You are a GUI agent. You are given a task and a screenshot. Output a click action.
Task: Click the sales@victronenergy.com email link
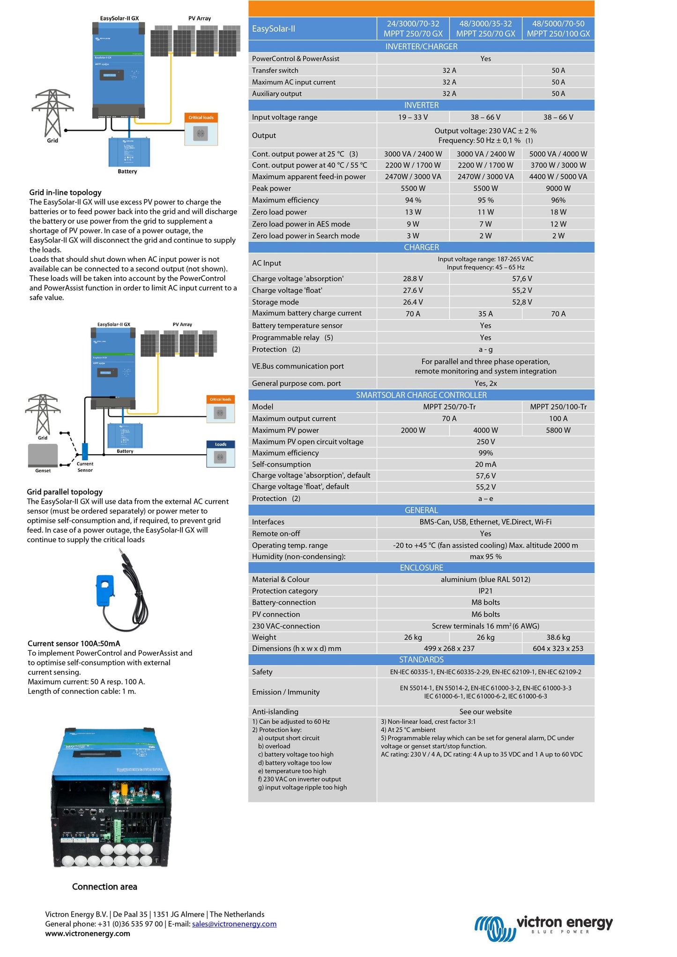coord(234,924)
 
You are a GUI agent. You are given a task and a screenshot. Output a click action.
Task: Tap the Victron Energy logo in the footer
coord(543,927)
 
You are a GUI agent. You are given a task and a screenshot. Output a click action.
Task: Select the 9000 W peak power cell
coord(558,188)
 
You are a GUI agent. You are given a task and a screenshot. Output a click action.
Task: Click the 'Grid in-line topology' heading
coord(65,192)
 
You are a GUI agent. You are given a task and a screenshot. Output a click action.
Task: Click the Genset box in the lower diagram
coord(43,456)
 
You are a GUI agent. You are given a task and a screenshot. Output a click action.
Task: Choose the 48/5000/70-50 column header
coord(558,29)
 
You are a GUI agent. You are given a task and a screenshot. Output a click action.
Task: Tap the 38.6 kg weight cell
coord(558,637)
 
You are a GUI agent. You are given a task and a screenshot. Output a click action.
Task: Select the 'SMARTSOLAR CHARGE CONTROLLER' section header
coord(421,395)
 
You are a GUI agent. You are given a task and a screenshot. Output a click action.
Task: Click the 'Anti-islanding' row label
coord(275,712)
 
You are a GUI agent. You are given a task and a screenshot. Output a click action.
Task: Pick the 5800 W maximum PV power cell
coord(558,430)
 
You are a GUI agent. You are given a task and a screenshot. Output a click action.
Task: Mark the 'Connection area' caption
coord(104,887)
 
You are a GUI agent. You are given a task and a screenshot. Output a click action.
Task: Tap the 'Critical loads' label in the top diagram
coord(201,118)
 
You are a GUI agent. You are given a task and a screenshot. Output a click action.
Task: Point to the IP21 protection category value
coord(485,591)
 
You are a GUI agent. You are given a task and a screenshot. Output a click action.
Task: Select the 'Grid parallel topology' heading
coord(65,492)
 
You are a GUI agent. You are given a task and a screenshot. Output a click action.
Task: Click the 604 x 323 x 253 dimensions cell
coord(558,648)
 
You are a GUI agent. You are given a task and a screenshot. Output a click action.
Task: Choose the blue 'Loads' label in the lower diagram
coord(221,444)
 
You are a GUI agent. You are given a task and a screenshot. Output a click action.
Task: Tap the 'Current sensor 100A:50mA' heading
coord(74,644)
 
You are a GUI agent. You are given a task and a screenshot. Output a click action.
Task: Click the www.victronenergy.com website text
coord(88,934)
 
